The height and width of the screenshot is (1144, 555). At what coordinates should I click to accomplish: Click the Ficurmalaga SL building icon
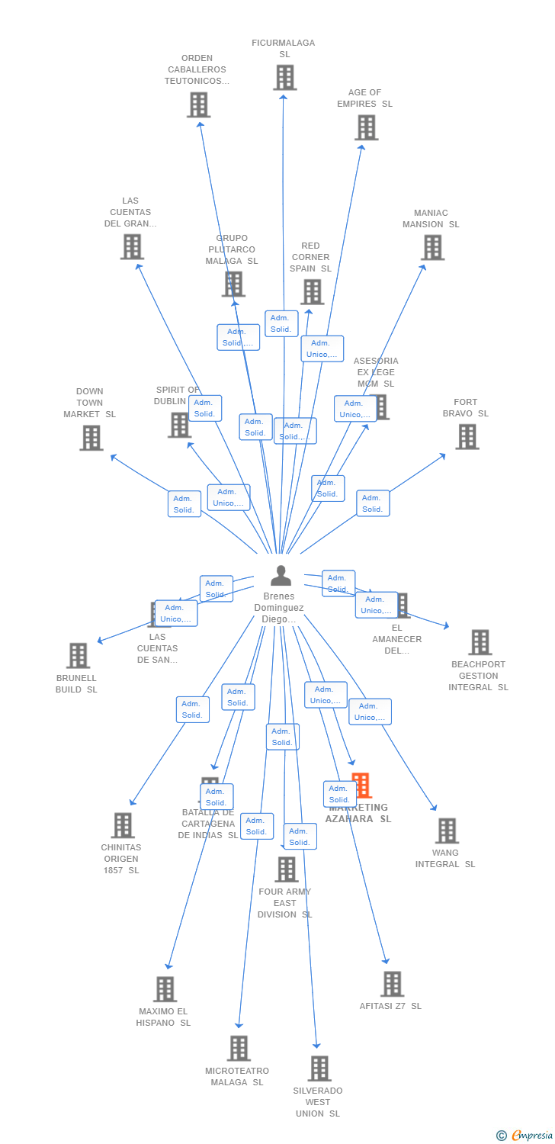click(x=284, y=78)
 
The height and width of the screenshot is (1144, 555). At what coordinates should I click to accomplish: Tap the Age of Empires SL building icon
click(x=366, y=127)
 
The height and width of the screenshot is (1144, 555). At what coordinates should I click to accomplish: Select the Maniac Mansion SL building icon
click(x=432, y=248)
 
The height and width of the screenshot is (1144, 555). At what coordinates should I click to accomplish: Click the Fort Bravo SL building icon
click(x=467, y=437)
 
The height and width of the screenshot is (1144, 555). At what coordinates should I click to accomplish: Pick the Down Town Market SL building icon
click(x=91, y=438)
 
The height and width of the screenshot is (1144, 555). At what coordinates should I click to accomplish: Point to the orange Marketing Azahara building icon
click(x=361, y=786)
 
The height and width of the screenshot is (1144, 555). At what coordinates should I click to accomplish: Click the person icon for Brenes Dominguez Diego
click(x=281, y=576)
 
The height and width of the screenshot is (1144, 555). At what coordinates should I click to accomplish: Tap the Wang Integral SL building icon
click(x=446, y=831)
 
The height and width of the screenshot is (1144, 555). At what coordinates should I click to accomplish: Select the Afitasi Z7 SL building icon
click(x=392, y=984)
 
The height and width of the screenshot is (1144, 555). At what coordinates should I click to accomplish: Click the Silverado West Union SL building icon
click(x=319, y=1068)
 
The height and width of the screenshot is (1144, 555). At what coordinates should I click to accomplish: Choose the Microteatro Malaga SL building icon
click(x=239, y=1049)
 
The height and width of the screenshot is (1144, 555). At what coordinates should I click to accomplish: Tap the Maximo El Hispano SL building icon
click(x=165, y=989)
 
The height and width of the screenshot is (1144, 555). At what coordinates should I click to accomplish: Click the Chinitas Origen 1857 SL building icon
click(x=122, y=825)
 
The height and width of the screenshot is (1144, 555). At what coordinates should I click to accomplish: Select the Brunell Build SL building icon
click(x=78, y=656)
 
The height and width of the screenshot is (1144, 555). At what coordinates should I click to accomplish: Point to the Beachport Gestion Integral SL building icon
click(x=480, y=642)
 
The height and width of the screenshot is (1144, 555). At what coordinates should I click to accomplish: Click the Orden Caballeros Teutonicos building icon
click(x=198, y=104)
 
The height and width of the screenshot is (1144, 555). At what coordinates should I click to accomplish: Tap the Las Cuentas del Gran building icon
click(x=132, y=246)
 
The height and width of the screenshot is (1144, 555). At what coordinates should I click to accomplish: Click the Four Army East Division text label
click(x=284, y=903)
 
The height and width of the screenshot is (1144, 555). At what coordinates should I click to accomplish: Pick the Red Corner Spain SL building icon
click(x=311, y=291)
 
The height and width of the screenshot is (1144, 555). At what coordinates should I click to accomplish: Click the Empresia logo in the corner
click(x=526, y=1135)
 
